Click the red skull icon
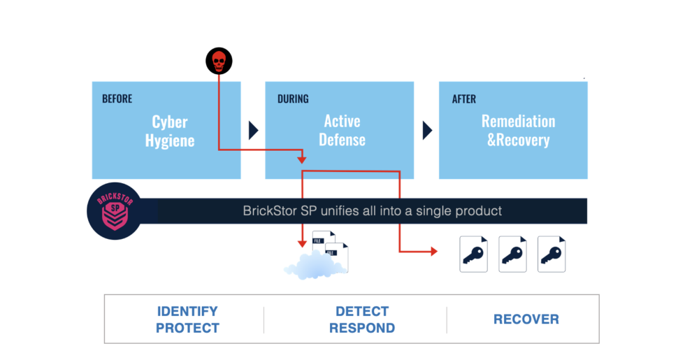[x=219, y=62]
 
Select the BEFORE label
[x=117, y=99]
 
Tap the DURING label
[x=292, y=99]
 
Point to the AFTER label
[x=464, y=99]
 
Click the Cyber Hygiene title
[x=170, y=131]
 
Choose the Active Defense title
[x=343, y=130]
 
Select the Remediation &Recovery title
[x=518, y=130]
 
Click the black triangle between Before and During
[x=254, y=130]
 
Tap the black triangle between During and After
[x=427, y=130]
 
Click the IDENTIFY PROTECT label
[x=187, y=319]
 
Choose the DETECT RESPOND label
[x=362, y=319]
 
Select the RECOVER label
[x=526, y=319]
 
